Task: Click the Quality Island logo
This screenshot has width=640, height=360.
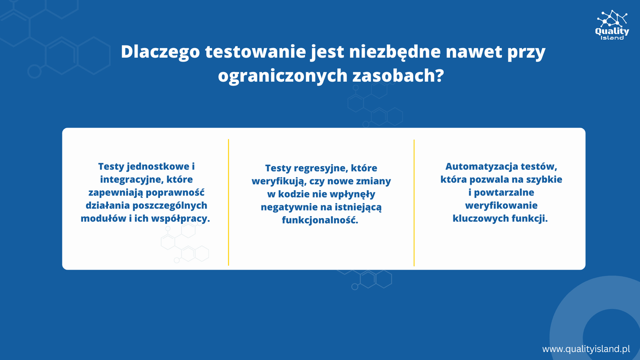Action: [612, 25]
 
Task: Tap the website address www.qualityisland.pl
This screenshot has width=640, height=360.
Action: [586, 349]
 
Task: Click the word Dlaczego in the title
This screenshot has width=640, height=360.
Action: [160, 52]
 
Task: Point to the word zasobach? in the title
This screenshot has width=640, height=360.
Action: [398, 76]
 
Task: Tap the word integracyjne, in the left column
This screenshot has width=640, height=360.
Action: [131, 180]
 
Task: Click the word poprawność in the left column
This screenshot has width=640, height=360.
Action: [175, 193]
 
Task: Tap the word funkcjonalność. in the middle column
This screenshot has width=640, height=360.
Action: [320, 220]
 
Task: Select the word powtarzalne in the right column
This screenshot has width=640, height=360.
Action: [504, 192]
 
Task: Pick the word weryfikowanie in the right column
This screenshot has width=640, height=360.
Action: [501, 206]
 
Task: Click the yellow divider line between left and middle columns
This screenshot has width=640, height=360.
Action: [228, 202]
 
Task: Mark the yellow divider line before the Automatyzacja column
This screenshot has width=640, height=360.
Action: [414, 203]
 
